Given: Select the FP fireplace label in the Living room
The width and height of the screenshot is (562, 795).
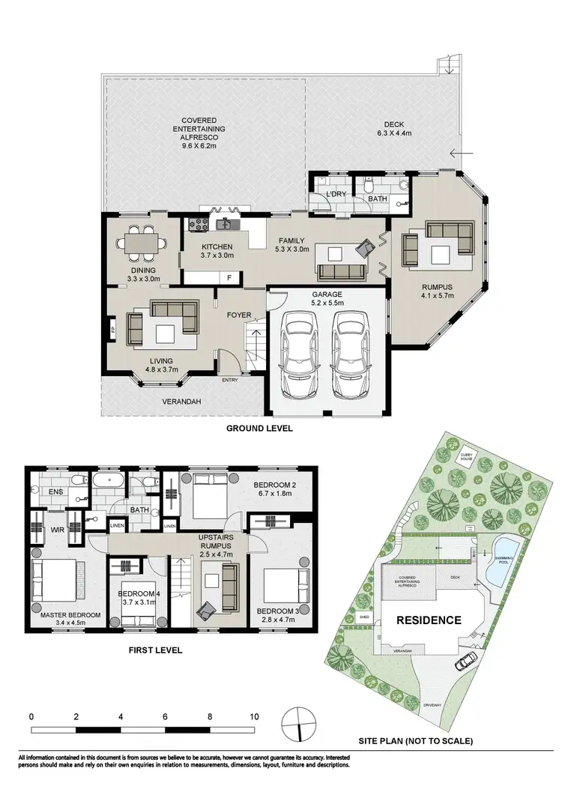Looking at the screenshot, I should click(x=113, y=329).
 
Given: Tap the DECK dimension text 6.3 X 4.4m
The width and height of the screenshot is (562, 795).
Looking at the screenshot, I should click(x=394, y=133).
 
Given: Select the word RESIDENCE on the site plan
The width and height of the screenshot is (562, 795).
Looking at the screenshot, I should click(x=428, y=620).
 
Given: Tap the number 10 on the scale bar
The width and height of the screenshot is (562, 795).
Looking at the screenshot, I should click(x=254, y=716).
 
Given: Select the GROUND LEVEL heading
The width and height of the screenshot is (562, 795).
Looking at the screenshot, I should click(x=260, y=429).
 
